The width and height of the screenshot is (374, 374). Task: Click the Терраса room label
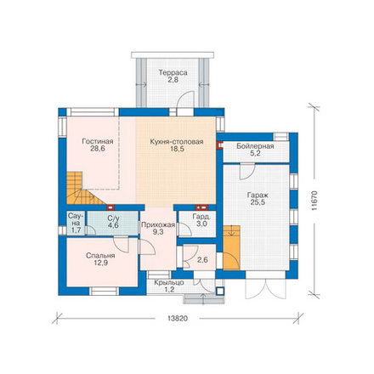tap(173, 73)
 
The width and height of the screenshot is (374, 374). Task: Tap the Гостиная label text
tap(98, 141)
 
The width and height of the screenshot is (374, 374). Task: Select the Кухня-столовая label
tap(177, 142)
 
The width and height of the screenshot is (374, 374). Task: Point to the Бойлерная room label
tap(255, 146)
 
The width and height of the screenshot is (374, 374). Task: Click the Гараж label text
tap(258, 195)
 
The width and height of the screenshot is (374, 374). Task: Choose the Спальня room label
tap(100, 256)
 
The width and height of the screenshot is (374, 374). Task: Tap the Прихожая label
tap(158, 225)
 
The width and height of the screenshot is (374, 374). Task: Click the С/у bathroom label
tap(113, 218)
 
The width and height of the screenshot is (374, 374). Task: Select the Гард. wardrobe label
tap(201, 217)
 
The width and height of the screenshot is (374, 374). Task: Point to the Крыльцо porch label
tap(169, 282)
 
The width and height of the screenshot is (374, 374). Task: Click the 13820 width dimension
tap(178, 319)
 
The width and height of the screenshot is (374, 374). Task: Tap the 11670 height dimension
tap(314, 201)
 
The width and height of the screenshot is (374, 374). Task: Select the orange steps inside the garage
tap(231, 247)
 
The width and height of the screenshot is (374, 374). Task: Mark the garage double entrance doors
tap(265, 288)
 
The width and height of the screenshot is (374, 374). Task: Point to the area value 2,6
tap(202, 260)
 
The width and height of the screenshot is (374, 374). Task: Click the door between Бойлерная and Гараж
tap(247, 172)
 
